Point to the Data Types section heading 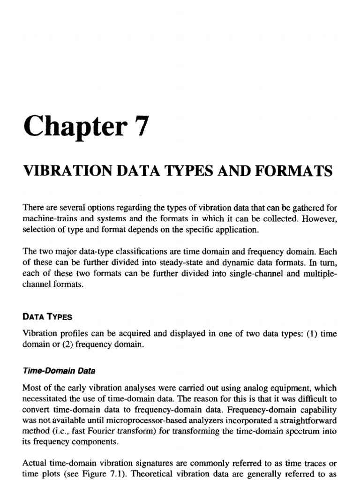tap(47, 316)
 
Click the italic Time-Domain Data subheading tap(59, 371)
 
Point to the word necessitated tap(45, 400)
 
